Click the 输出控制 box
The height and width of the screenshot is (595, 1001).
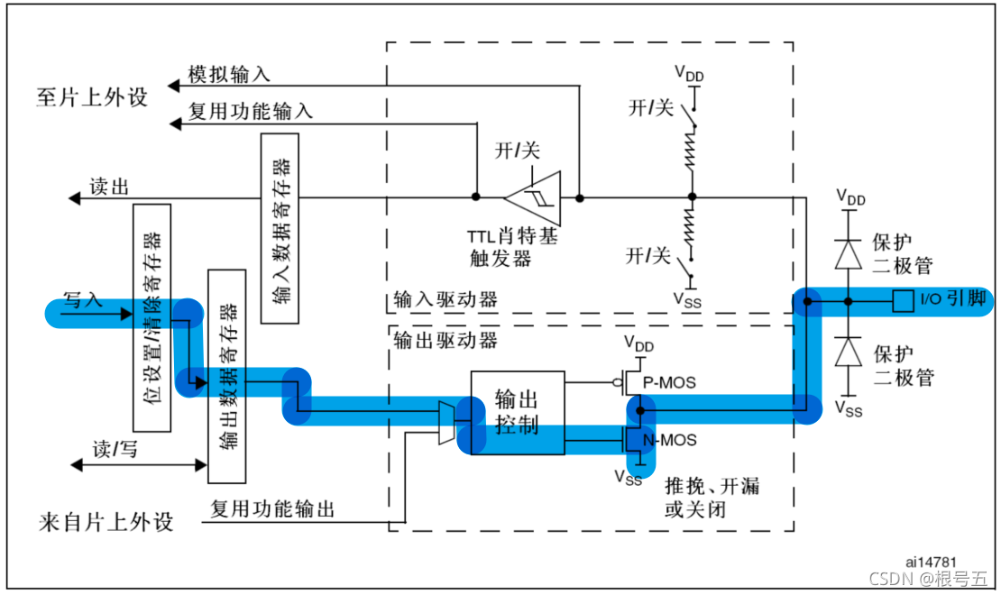pyautogui.click(x=517, y=412)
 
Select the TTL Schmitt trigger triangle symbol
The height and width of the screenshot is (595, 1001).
pyautogui.click(x=533, y=196)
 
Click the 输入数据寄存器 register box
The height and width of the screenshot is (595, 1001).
pyautogui.click(x=280, y=227)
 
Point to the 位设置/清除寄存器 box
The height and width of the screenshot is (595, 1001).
pyautogui.click(x=152, y=317)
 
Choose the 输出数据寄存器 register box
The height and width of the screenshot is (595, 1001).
pyautogui.click(x=227, y=375)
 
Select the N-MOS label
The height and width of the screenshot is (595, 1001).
pyautogui.click(x=672, y=440)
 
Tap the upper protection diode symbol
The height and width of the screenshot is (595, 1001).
pyautogui.click(x=848, y=255)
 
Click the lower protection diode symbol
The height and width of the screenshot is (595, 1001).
pyautogui.click(x=848, y=352)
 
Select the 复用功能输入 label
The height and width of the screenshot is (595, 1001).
pyautogui.click(x=250, y=111)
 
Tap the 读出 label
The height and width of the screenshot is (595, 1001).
pyautogui.click(x=109, y=187)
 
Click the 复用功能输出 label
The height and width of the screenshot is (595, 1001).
pyautogui.click(x=272, y=508)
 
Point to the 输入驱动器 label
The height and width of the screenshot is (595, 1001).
pyautogui.click(x=445, y=299)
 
